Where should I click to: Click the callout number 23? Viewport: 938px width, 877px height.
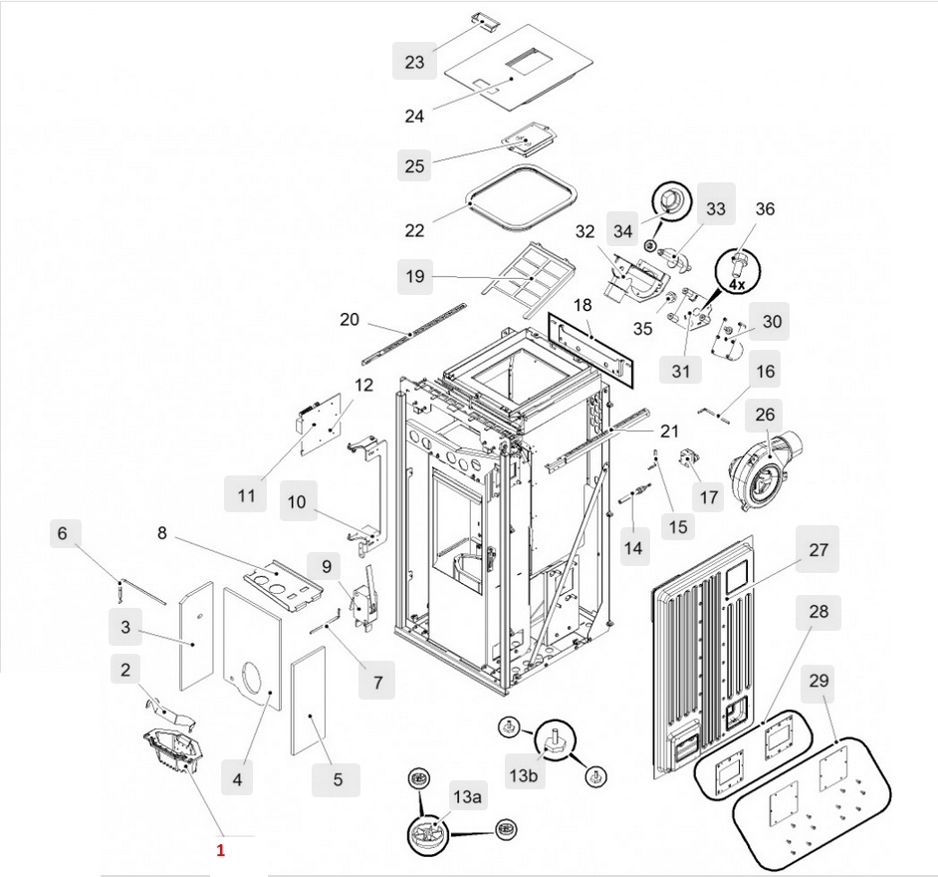pyautogui.click(x=414, y=62)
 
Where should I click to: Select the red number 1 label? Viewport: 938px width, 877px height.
pyautogui.click(x=221, y=850)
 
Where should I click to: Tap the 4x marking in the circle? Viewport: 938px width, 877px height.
pyautogui.click(x=737, y=284)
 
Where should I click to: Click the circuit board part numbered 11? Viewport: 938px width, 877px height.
pyautogui.click(x=325, y=421)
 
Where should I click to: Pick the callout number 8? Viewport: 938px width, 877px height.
pyautogui.click(x=161, y=533)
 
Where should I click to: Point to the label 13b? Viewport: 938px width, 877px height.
pyautogui.click(x=524, y=773)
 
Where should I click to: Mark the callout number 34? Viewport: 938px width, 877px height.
pyautogui.click(x=623, y=231)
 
